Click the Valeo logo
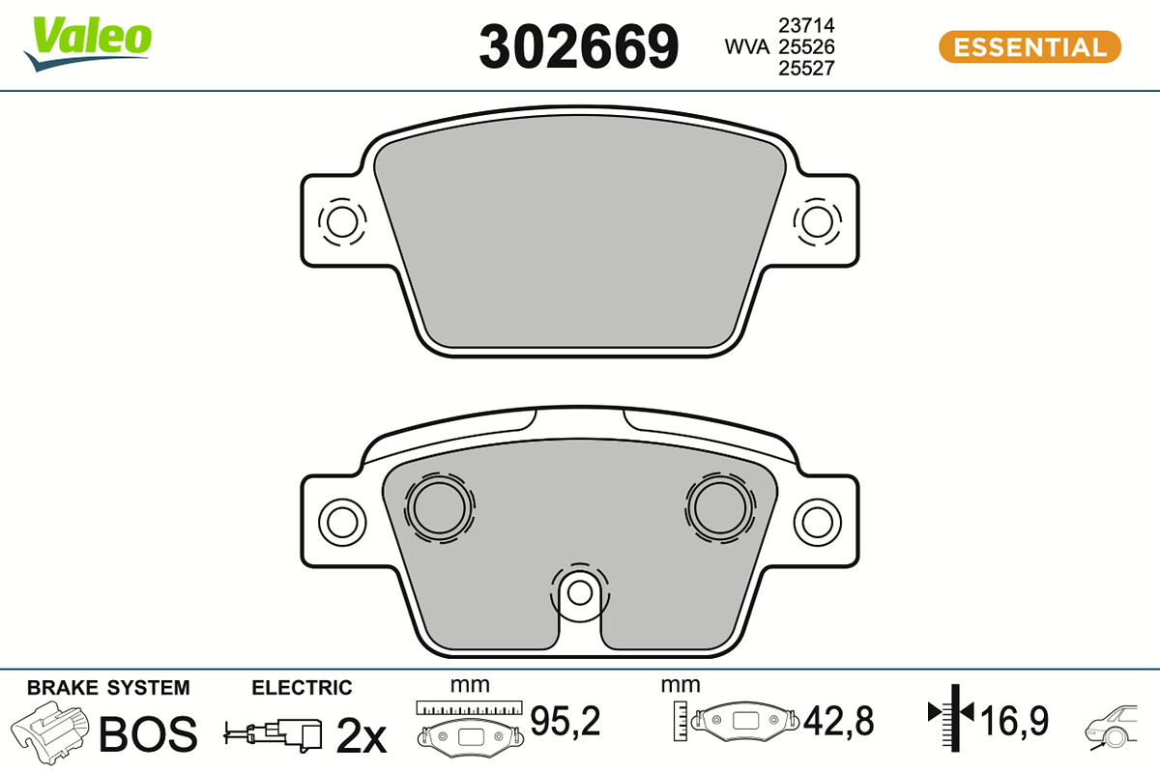[x=88, y=44]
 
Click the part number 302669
[x=578, y=47]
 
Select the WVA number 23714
[x=806, y=25]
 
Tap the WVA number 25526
[x=806, y=47]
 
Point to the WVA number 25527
[x=806, y=69]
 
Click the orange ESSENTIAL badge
[x=1030, y=47]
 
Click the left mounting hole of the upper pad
[x=342, y=221]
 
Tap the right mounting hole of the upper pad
[x=817, y=221]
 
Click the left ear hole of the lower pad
[x=342, y=523]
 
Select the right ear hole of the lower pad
[x=817, y=523]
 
